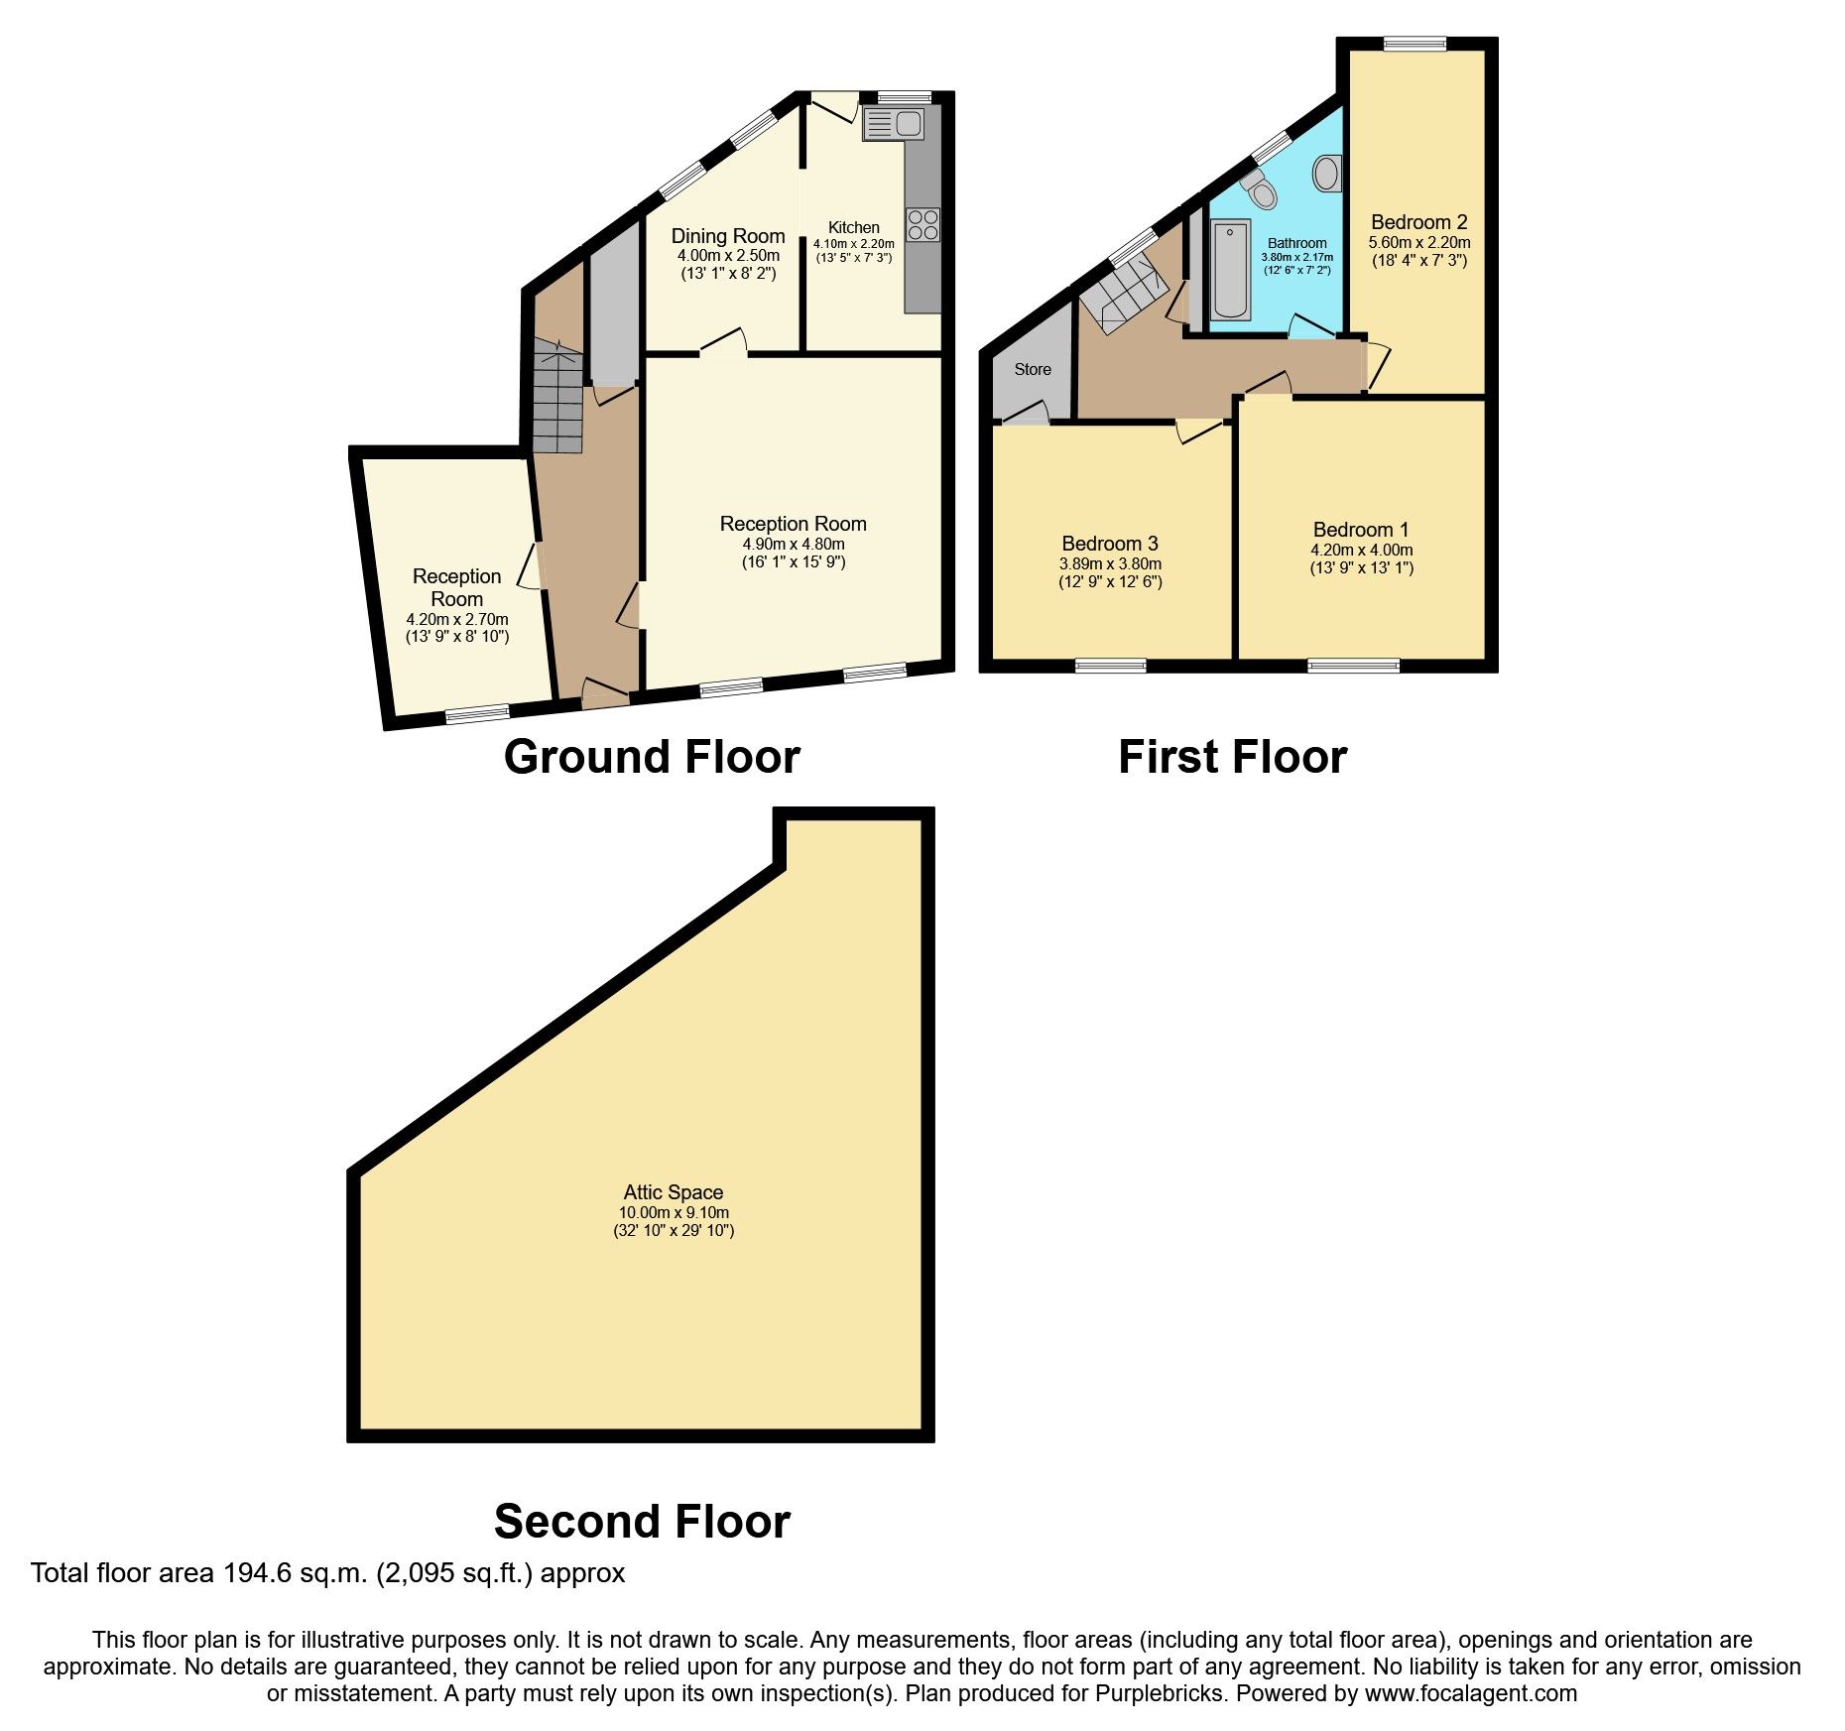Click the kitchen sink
[x=893, y=124]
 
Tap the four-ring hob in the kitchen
[x=922, y=224]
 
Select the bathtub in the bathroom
[x=1231, y=270]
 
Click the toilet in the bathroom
[x=1260, y=186]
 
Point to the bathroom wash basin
[x=1326, y=174]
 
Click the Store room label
[x=1033, y=369]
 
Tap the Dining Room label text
[x=728, y=236]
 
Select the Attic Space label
[x=674, y=1192]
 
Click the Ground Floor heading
[x=652, y=757]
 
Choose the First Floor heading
[x=1232, y=757]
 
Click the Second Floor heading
[x=642, y=1521]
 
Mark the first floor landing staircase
[x=1124, y=288]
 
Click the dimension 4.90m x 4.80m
[x=794, y=544]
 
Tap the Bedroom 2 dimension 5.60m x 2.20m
[x=1419, y=242]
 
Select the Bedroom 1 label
[x=1361, y=530]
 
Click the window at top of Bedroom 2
[x=1415, y=43]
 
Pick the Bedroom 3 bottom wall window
[x=1110, y=666]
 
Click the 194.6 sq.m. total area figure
[x=292, y=1573]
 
